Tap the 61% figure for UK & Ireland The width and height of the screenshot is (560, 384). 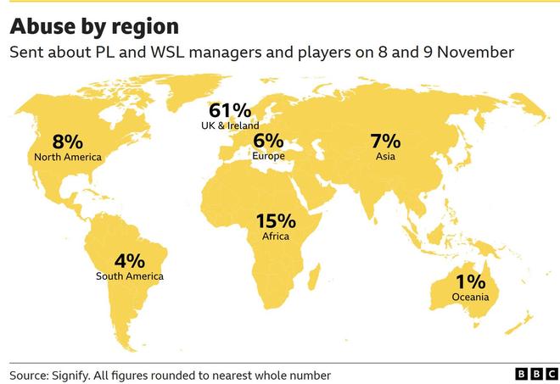point(230,111)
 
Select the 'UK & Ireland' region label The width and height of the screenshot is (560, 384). point(230,125)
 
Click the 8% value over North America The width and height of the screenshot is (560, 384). point(67,142)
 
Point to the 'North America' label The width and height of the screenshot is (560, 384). point(67,157)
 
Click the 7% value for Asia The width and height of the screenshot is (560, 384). point(385,141)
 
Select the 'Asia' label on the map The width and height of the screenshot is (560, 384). point(385,156)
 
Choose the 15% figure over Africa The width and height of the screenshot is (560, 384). point(276,221)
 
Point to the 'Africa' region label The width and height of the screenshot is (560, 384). point(276,237)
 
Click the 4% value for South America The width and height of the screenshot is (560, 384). point(129,260)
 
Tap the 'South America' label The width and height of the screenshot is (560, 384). point(129,275)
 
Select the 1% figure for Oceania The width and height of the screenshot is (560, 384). point(470,281)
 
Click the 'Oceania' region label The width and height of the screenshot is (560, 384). point(470,297)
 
